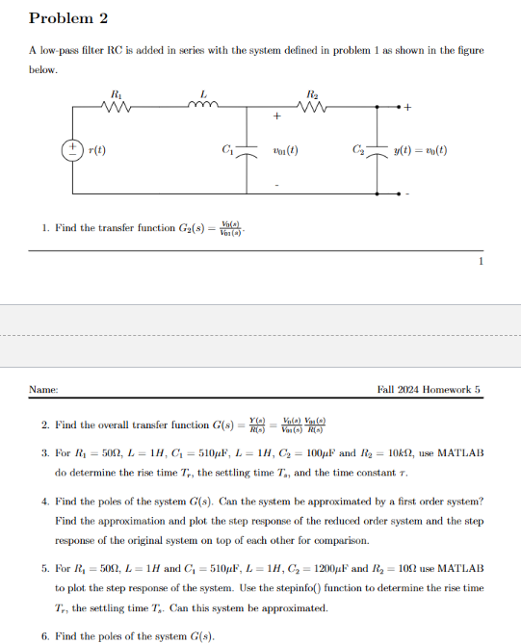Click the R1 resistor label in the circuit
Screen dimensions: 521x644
(x=117, y=93)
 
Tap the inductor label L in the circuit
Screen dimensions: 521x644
(x=203, y=93)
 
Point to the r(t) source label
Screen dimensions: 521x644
(x=97, y=151)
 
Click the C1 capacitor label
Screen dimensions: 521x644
(x=226, y=150)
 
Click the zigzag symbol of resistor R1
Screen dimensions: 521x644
(x=117, y=108)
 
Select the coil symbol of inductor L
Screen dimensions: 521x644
(x=203, y=107)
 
